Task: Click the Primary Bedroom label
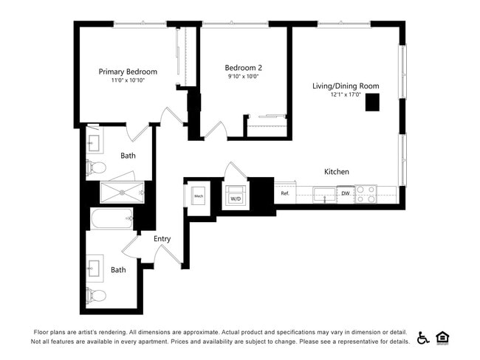click(128, 72)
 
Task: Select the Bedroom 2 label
click(244, 67)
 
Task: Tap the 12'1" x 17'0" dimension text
click(345, 94)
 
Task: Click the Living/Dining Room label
click(345, 86)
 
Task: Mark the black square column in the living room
click(372, 103)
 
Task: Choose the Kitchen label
click(337, 172)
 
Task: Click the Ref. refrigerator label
click(285, 194)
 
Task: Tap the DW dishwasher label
click(345, 194)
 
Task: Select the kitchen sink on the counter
click(323, 195)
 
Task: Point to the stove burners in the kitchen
click(366, 194)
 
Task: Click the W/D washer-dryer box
click(236, 197)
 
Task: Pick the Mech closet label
click(198, 196)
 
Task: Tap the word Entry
click(162, 238)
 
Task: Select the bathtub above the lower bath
click(112, 218)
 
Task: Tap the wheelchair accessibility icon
click(423, 338)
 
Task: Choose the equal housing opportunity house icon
click(443, 338)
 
